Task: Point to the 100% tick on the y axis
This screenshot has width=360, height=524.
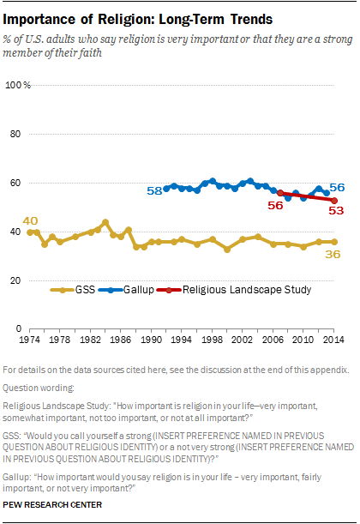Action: pyautogui.click(x=18, y=85)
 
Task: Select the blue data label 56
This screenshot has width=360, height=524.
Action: pyautogui.click(x=337, y=187)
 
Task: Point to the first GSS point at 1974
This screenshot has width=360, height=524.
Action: pyautogui.click(x=30, y=232)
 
